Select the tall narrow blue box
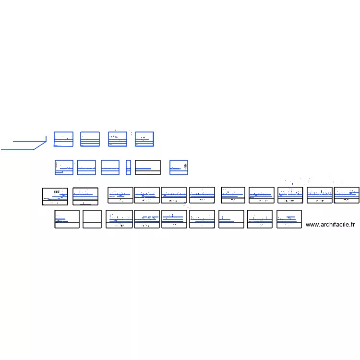(x=128, y=168)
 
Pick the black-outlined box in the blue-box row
(x=147, y=168)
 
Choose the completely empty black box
(x=92, y=219)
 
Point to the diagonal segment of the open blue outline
(x=40, y=145)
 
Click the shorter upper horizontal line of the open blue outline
(x=29, y=142)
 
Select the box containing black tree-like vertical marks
(x=55, y=196)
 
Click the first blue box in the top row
(x=63, y=139)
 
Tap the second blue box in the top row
(x=90, y=139)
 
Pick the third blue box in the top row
(x=117, y=139)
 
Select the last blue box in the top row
(x=144, y=139)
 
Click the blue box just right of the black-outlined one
(x=179, y=168)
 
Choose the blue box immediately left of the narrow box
(x=110, y=168)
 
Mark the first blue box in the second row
(x=64, y=168)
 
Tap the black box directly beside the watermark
(x=289, y=219)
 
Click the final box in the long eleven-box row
(x=347, y=195)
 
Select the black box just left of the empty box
(x=67, y=219)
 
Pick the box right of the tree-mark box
(x=85, y=196)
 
